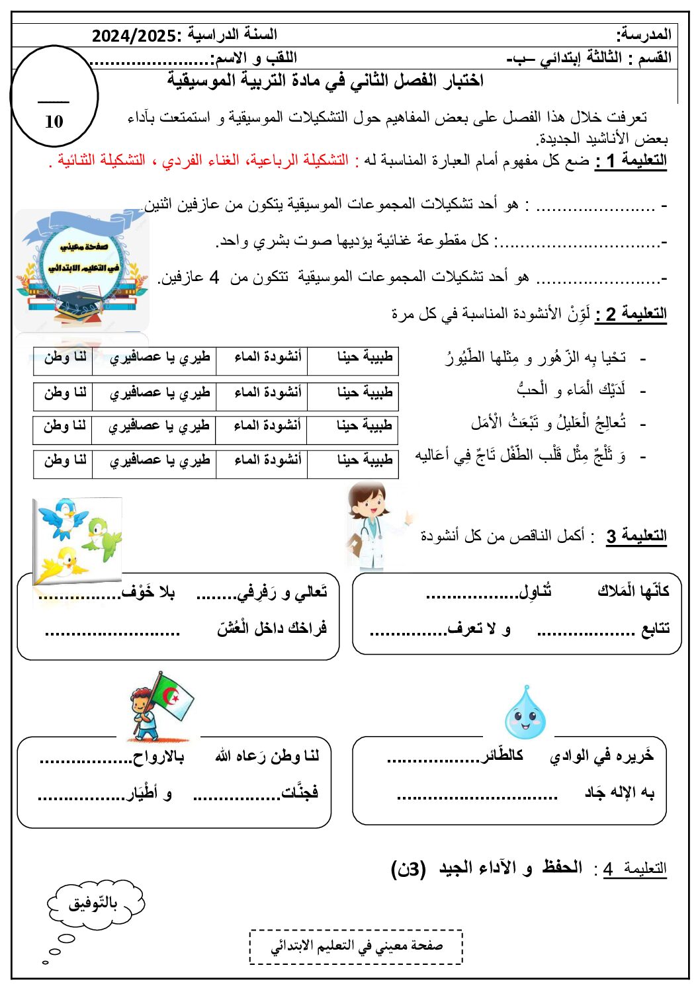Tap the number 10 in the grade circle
[54, 122]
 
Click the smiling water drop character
[525, 714]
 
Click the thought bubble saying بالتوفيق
[95, 904]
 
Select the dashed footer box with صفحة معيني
[356, 946]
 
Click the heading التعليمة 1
[631, 161]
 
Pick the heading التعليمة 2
[631, 313]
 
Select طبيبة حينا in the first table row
[365, 357]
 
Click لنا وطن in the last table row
[65, 460]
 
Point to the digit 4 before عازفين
[214, 277]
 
